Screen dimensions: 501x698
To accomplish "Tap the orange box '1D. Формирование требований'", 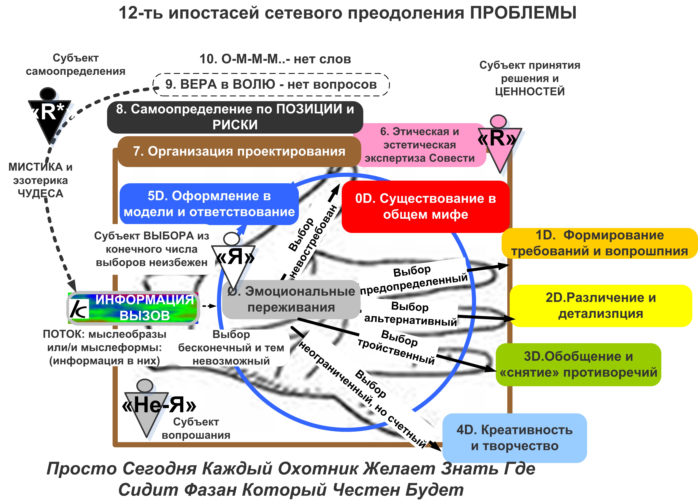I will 599,243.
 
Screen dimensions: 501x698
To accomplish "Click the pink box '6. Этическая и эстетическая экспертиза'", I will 419,145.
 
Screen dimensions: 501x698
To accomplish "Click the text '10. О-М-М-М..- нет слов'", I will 275,59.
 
